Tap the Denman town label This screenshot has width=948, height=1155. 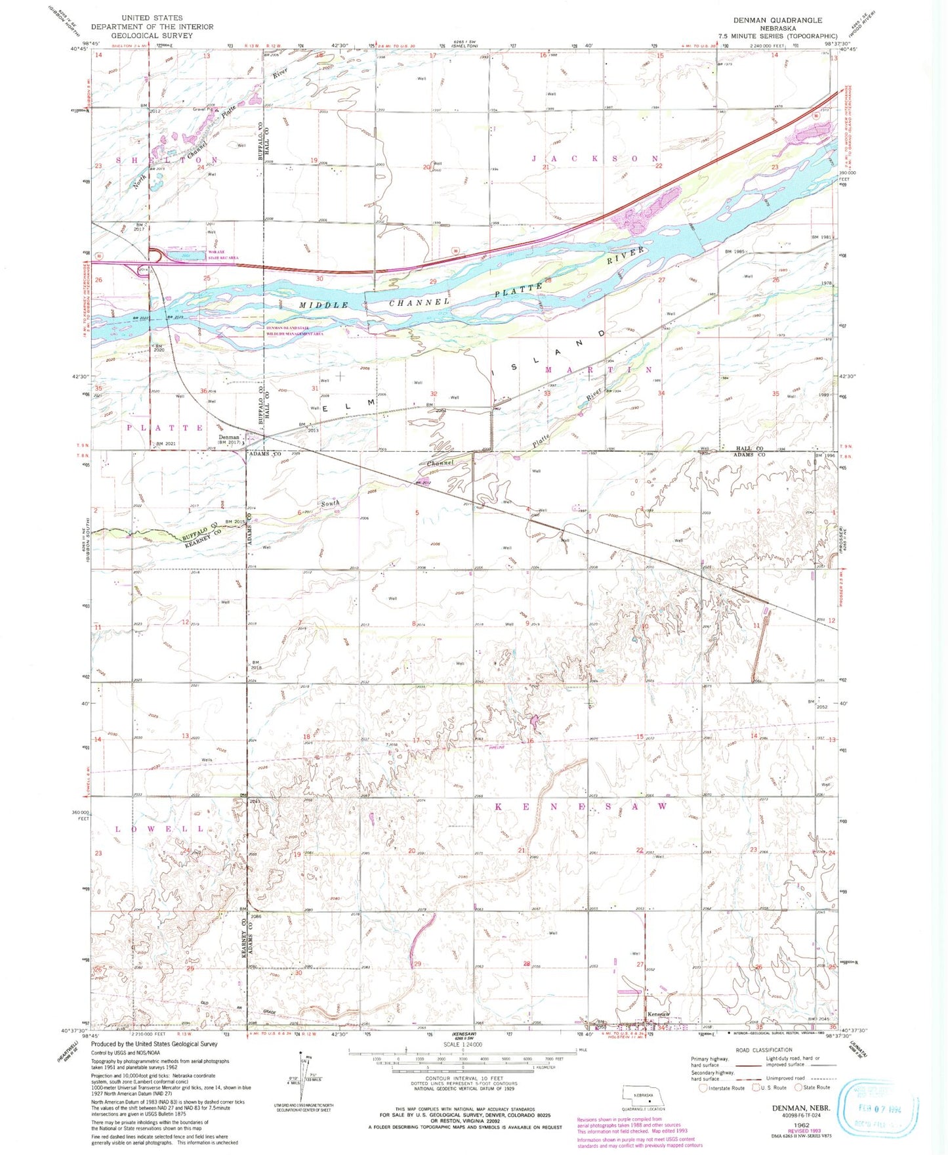point(229,437)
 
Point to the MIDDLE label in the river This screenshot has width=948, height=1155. point(324,305)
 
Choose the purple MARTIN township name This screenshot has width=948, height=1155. point(598,370)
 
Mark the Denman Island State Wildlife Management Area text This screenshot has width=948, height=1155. point(295,330)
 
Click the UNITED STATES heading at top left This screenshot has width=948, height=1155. point(152,18)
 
